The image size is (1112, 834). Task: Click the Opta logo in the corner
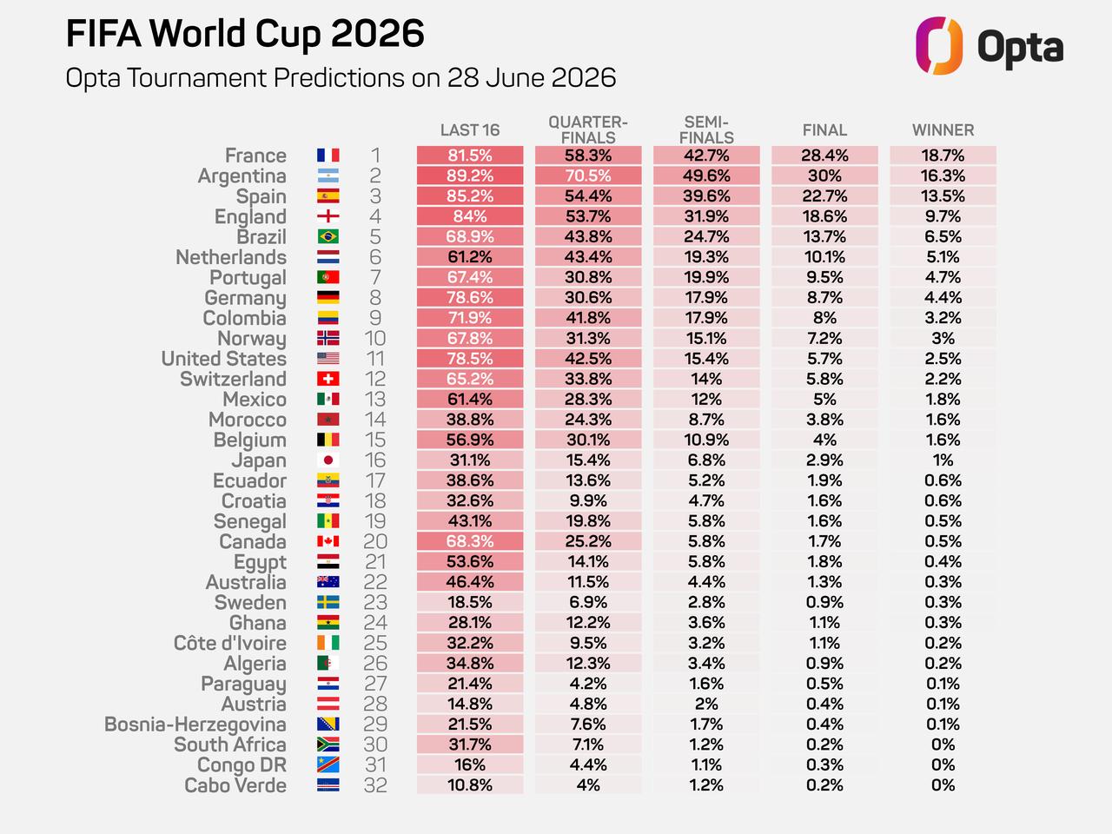989,45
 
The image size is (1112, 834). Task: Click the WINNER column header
943,130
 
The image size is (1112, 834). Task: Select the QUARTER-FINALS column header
588,129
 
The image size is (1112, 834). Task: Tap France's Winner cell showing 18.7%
943,155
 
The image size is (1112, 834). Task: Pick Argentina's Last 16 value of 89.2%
470,175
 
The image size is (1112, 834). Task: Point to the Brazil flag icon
328,236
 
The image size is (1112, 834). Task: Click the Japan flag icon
328,460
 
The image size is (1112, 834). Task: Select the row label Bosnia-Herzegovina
195,725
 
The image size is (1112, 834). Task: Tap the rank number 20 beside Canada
375,541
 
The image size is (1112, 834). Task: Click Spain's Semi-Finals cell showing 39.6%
706,196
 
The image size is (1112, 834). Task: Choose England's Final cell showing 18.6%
824,216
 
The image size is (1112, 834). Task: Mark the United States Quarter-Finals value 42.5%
588,359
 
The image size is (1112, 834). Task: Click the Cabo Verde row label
235,785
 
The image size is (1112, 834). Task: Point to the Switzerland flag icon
328,379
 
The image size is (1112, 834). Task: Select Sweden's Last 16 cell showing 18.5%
470,602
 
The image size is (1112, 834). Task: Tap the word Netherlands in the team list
231,257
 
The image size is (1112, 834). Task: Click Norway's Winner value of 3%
943,338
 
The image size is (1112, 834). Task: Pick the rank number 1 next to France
375,155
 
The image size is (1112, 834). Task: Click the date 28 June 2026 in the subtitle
532,78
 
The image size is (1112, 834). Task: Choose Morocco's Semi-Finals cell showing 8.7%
706,420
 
